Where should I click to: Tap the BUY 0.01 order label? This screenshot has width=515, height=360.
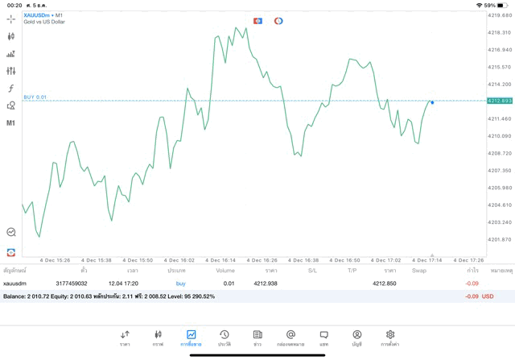point(35,97)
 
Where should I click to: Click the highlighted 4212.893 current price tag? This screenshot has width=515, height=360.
point(499,101)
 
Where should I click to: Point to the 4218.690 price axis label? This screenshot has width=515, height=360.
point(499,15)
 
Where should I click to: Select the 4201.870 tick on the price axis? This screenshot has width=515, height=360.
point(499,239)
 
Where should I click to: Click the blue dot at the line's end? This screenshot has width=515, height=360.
point(432,102)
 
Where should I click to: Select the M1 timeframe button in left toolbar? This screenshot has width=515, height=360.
point(11,123)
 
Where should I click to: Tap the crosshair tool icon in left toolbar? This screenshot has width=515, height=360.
point(11,19)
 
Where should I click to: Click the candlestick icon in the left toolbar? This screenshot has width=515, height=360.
point(11,36)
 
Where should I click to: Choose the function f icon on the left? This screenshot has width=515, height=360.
point(11,89)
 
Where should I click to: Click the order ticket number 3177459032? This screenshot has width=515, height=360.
point(72,283)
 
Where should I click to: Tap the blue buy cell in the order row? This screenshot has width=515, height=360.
point(180,283)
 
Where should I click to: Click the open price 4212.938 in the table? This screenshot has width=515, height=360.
point(265,283)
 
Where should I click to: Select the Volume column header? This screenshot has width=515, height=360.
point(225,271)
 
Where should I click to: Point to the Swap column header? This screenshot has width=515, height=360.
point(419,271)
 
